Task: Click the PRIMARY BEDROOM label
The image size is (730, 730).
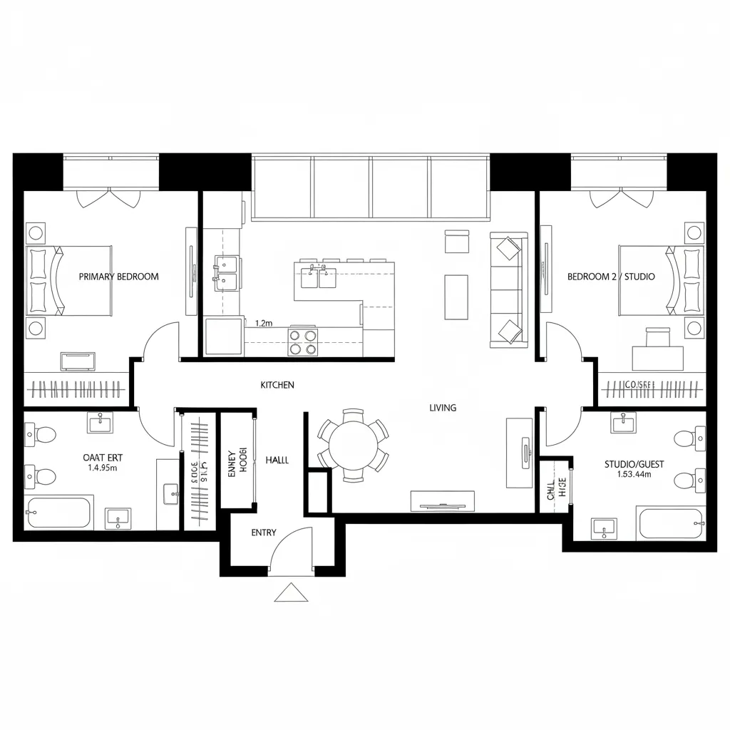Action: click(x=118, y=277)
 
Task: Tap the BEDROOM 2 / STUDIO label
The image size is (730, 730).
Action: click(x=611, y=277)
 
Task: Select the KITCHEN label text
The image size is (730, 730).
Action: click(x=277, y=385)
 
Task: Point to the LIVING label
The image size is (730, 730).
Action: click(x=443, y=408)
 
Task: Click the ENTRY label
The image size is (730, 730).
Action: click(x=264, y=533)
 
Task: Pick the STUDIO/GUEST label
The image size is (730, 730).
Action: click(x=634, y=464)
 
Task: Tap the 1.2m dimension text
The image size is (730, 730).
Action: click(x=264, y=323)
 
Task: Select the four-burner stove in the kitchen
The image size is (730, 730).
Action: click(x=302, y=341)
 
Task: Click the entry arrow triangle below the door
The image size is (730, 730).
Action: click(x=291, y=592)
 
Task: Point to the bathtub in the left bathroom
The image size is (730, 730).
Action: click(x=59, y=513)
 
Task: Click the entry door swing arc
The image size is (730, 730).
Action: click(x=292, y=545)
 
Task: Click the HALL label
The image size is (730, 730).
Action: click(x=277, y=461)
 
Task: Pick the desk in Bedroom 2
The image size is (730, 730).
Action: click(x=658, y=356)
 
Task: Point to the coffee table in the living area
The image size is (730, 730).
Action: click(x=456, y=297)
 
